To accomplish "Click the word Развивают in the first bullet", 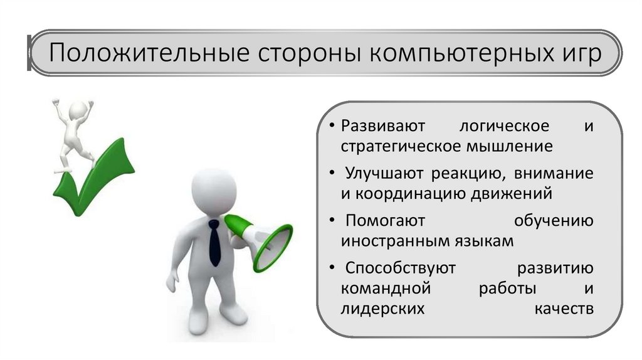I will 384,125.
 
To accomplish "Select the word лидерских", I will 383,309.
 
